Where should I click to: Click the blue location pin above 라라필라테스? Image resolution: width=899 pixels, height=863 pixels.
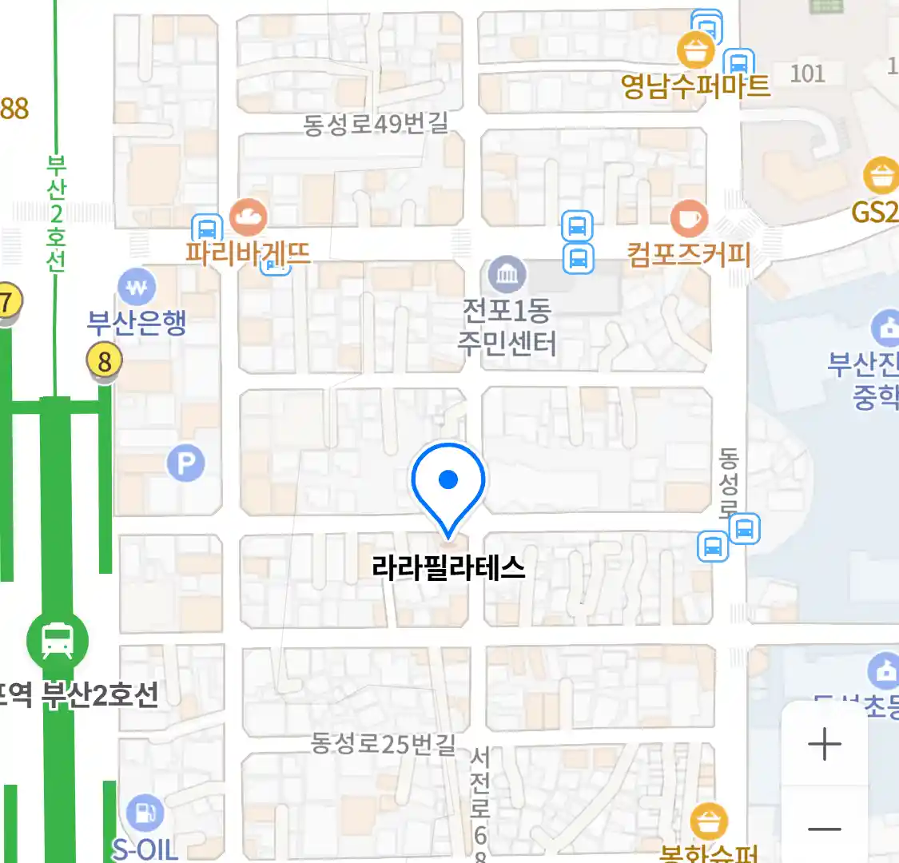coord(448,481)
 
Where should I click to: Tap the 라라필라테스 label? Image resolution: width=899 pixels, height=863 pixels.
coord(448,568)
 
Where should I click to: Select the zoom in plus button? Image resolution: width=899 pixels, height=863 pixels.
coord(824,745)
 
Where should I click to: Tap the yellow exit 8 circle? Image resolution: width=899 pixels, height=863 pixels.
coord(104,361)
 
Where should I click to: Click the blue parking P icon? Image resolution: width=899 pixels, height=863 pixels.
coord(185,463)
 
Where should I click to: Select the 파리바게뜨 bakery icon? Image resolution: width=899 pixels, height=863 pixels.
coord(248,216)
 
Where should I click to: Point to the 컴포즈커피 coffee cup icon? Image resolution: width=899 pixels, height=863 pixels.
coord(688,217)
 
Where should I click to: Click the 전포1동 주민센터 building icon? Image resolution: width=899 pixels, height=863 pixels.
coord(507,276)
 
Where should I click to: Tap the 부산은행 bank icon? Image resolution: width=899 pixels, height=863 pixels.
coord(137,287)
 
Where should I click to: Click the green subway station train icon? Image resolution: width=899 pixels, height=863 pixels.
coord(57,640)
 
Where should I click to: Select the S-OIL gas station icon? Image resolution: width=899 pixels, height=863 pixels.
coord(145,813)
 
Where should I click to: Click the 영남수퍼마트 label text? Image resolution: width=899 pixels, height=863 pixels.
coord(695,86)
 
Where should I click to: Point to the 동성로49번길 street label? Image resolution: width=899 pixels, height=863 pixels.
coord(376,125)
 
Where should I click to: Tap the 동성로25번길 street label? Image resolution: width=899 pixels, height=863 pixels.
coord(383,744)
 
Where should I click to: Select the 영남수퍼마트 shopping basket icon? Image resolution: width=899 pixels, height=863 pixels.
coord(695,50)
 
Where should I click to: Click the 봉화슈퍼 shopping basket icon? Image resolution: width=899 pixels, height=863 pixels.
coord(708,821)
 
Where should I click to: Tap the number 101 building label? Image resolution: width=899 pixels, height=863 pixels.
coord(807,74)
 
